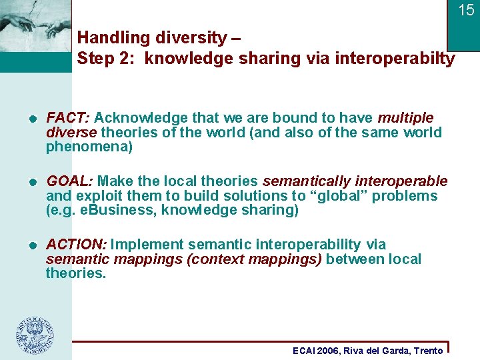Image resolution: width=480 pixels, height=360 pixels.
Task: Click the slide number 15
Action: [465, 10]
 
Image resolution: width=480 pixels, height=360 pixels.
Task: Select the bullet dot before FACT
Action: [31, 119]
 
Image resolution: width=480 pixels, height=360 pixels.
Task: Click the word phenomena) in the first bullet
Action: [89, 147]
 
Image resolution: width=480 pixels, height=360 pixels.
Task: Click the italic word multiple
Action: [405, 118]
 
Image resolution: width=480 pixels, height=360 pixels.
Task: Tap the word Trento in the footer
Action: [428, 351]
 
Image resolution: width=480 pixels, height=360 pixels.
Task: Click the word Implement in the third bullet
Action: [145, 245]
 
